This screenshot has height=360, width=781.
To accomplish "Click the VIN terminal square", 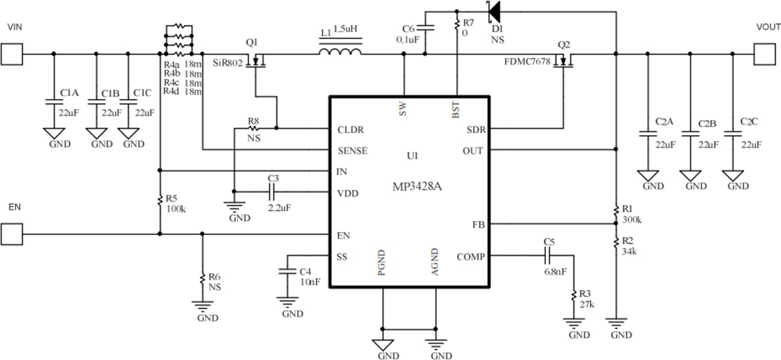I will click(11, 53).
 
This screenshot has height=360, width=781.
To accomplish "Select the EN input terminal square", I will click(11, 233).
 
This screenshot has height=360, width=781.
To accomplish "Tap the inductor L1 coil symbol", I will click(340, 53).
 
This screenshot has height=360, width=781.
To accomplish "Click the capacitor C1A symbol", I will click(54, 100).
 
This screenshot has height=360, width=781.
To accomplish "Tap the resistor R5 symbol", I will click(159, 200).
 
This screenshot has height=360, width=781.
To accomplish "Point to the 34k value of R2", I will click(629, 251).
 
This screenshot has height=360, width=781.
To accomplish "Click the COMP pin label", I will click(471, 257).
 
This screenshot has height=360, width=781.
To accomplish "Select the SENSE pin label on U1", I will click(352, 151).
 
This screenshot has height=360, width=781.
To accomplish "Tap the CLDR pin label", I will click(351, 130).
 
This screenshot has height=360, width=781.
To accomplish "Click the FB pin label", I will click(478, 224).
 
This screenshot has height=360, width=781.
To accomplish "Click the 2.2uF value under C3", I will click(279, 207).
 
